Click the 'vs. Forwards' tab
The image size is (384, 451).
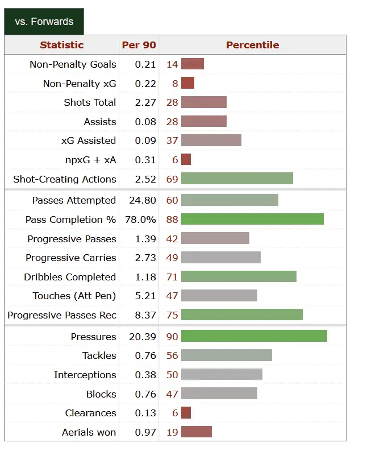pos(44,22)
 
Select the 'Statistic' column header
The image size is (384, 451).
pos(61,45)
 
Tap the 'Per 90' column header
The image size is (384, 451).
pos(139,45)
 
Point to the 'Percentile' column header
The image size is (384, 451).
pos(252,45)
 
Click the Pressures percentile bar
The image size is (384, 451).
pos(254,336)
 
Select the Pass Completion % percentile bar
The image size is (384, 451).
pos(252,219)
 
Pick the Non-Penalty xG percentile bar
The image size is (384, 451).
pos(187,83)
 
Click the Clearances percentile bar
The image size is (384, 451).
pos(186,413)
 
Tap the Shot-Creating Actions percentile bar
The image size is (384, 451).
pos(237,179)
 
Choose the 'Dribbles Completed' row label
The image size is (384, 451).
pos(70,277)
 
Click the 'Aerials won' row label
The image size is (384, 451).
pos(89,432)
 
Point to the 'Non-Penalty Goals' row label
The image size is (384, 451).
pos(73,64)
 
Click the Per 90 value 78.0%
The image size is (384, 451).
pos(141,220)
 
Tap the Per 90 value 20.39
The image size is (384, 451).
pos(143,337)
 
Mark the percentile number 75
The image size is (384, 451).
pos(172,315)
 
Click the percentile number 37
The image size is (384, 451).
pos(172,140)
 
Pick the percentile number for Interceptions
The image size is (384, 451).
pos(172,375)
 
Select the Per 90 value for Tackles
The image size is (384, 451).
pos(145,355)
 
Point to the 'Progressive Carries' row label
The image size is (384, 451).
pos(71,258)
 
